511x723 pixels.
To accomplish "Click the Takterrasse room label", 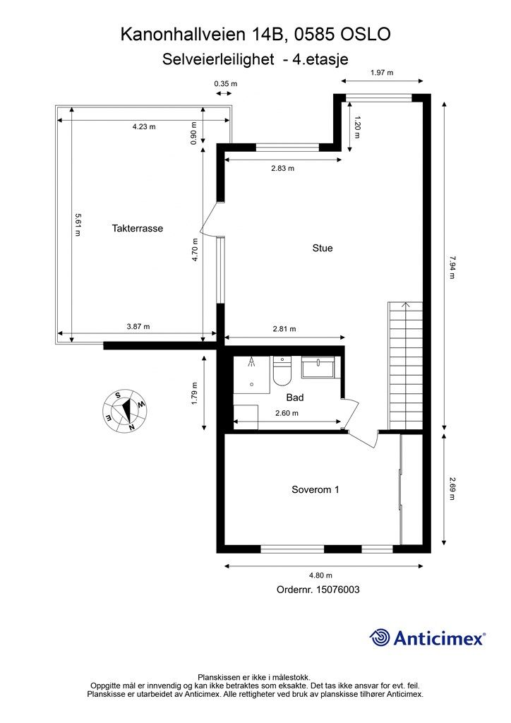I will (138, 229).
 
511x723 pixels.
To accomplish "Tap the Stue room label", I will (323, 249).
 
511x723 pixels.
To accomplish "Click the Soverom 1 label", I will (315, 489).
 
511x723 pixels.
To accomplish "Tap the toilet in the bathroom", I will (280, 372).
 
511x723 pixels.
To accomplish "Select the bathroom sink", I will (319, 369).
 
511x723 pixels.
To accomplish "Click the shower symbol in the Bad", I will (252, 364).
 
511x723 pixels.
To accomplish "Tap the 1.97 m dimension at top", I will (381, 73).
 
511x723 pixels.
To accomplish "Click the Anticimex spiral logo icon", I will (380, 638).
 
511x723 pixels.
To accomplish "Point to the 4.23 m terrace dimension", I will (143, 127).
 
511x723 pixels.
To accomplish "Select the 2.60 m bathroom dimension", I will (287, 414).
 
